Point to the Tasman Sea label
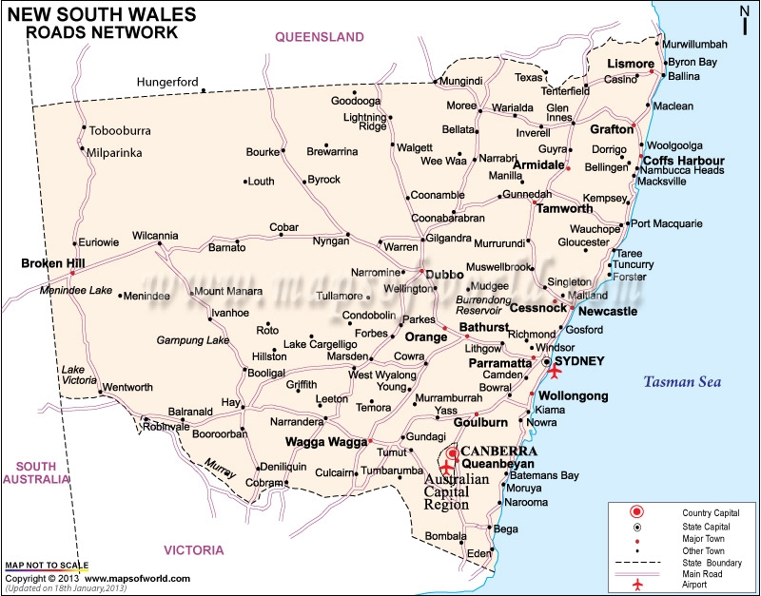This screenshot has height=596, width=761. [681, 382]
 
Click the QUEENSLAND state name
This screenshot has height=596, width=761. [320, 37]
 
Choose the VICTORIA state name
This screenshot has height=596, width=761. [194, 550]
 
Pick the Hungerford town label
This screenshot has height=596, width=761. [168, 82]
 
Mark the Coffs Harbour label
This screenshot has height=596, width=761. [684, 160]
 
